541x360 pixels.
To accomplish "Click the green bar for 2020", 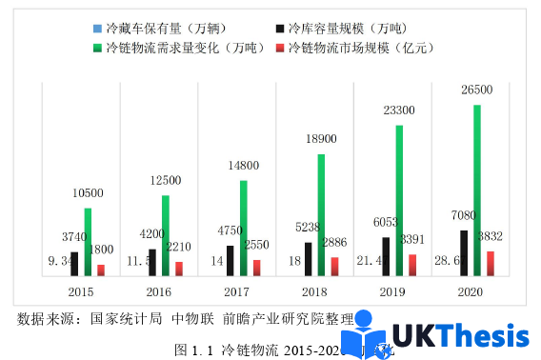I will coord(477,190).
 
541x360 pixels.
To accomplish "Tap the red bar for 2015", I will coord(101,270).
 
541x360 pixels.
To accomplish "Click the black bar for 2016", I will coord(151,263).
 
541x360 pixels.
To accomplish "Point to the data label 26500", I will coord(477,90).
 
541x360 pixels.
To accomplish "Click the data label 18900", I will coord(320,139).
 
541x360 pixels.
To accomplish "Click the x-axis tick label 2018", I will coord(314,291).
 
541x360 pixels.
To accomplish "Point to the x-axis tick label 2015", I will coord(80,291).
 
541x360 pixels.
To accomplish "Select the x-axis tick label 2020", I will coord(470,291).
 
